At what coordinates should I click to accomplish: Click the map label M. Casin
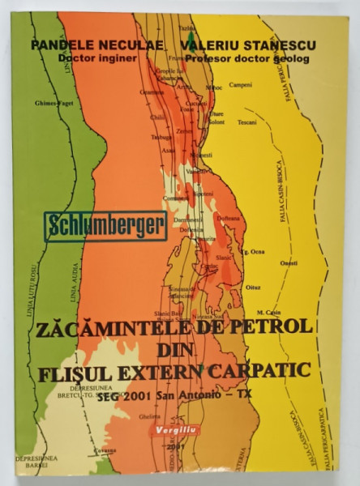(267, 313)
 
